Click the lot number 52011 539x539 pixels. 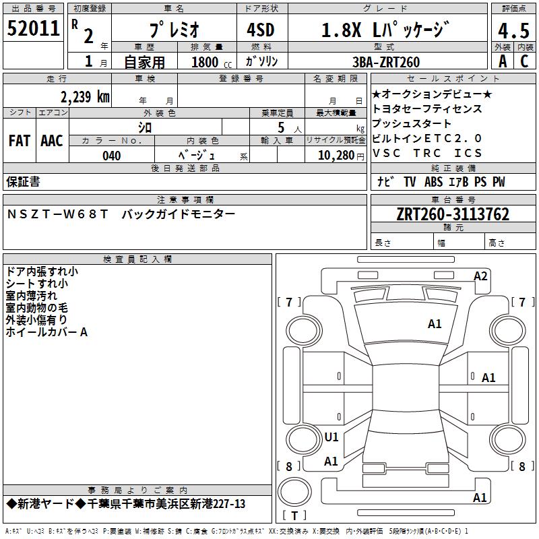(x=33, y=28)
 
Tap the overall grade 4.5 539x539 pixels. (x=513, y=30)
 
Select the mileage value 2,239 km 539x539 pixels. (x=85, y=97)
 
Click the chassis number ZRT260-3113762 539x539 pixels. (x=453, y=214)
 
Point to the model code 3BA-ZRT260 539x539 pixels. (x=386, y=62)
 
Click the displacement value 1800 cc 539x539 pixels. (x=212, y=63)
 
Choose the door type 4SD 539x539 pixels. (x=261, y=30)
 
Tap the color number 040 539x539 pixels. (x=112, y=156)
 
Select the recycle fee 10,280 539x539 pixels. (x=336, y=156)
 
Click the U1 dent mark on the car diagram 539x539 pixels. (x=331, y=437)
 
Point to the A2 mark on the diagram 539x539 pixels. (x=480, y=276)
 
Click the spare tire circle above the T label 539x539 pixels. (x=294, y=492)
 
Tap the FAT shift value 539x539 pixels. (x=20, y=141)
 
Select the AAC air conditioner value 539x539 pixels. (x=52, y=141)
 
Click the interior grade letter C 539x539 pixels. (x=524, y=61)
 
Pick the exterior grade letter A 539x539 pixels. (x=503, y=61)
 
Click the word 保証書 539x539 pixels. (x=23, y=181)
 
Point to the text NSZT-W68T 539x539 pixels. (x=57, y=214)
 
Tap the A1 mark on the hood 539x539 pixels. (x=435, y=323)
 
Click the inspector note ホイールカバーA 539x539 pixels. (x=46, y=332)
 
